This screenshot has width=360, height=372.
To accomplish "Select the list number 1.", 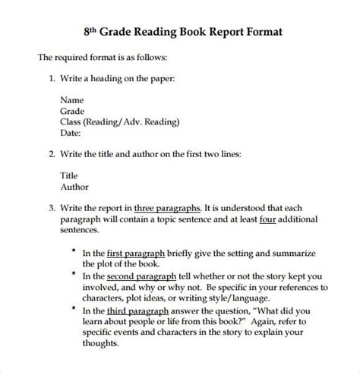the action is (52, 77).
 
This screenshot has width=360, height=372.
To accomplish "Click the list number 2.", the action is (52, 153).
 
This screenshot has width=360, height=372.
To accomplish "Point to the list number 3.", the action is (52, 206).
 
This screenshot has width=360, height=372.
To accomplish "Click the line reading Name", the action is (72, 99).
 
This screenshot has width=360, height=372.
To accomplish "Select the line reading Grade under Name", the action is (73, 109).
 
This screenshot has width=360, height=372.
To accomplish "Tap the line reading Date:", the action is (72, 131).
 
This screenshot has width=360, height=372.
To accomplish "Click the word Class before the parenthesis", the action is (72, 121).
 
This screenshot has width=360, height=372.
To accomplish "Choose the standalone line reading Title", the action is (70, 175).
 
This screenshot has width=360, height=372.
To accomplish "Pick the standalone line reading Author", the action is (74, 186).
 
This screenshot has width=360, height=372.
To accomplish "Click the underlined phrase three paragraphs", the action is (167, 206).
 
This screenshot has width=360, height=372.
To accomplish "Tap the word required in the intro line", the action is (75, 57).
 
